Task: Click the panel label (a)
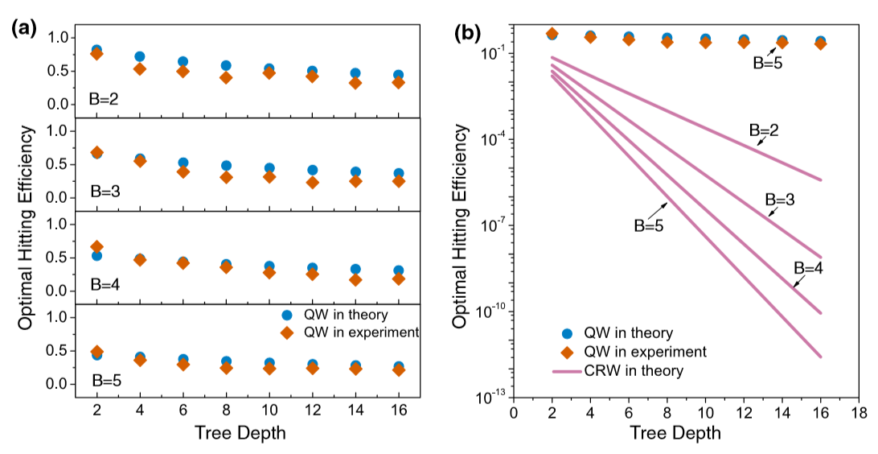(x=23, y=28)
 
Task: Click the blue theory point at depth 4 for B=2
(x=140, y=57)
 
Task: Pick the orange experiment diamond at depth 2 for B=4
(x=96, y=247)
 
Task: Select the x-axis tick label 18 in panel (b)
(x=859, y=414)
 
